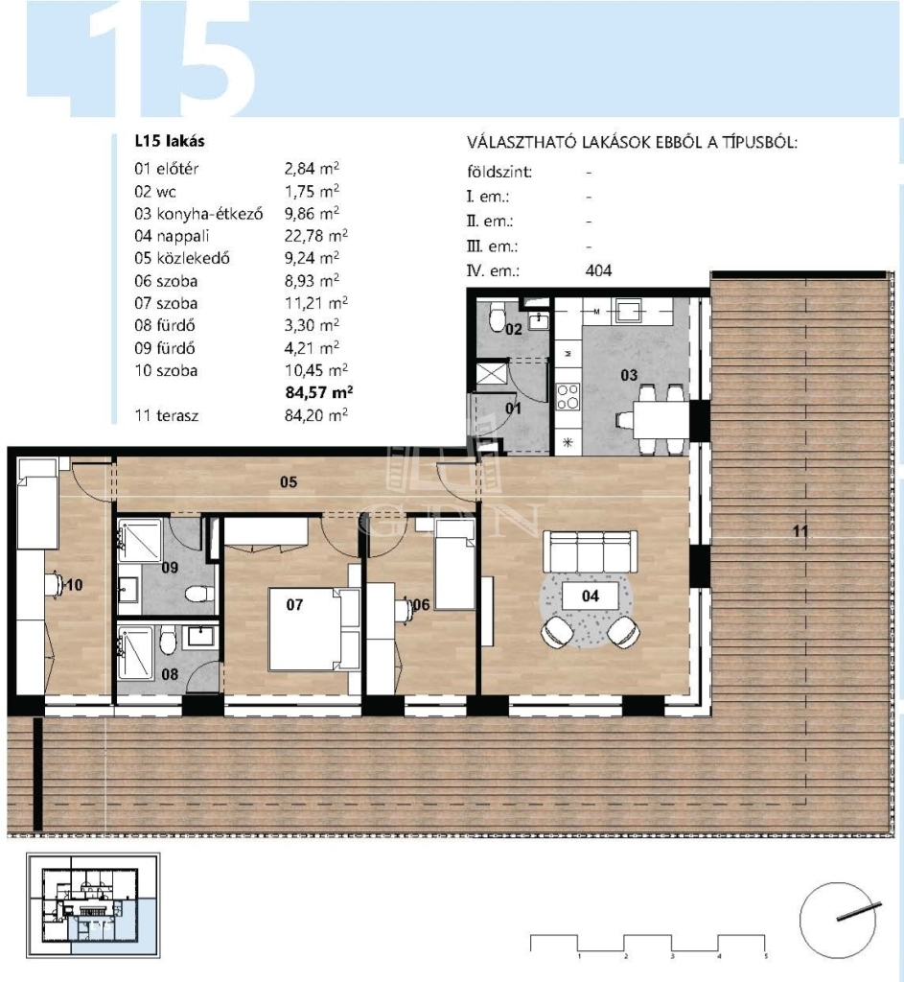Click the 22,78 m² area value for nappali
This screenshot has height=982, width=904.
[x=316, y=236]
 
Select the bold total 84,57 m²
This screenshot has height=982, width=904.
[x=318, y=392]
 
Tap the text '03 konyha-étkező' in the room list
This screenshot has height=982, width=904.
[x=198, y=214]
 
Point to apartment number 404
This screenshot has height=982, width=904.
[x=598, y=270]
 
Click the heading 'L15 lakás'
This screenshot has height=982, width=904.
[x=170, y=141]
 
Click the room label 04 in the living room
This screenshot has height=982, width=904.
[x=591, y=596]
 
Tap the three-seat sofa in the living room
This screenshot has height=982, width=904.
[x=591, y=551]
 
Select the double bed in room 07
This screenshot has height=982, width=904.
[x=313, y=629]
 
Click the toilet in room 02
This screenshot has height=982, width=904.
[x=498, y=316]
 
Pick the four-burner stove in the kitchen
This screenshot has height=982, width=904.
[x=568, y=396]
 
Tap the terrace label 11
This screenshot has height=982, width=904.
[x=800, y=531]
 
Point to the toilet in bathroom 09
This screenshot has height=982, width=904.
[x=200, y=593]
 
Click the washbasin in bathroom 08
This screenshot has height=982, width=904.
[x=200, y=637]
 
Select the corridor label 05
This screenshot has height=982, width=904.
[x=289, y=481]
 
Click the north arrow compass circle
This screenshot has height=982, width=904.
[x=838, y=920]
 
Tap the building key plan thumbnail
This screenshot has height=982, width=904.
[x=92, y=905]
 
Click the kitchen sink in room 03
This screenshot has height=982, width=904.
[x=628, y=311]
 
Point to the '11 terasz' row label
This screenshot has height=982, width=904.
[x=167, y=415]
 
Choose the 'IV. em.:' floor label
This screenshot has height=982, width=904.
[x=494, y=271]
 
